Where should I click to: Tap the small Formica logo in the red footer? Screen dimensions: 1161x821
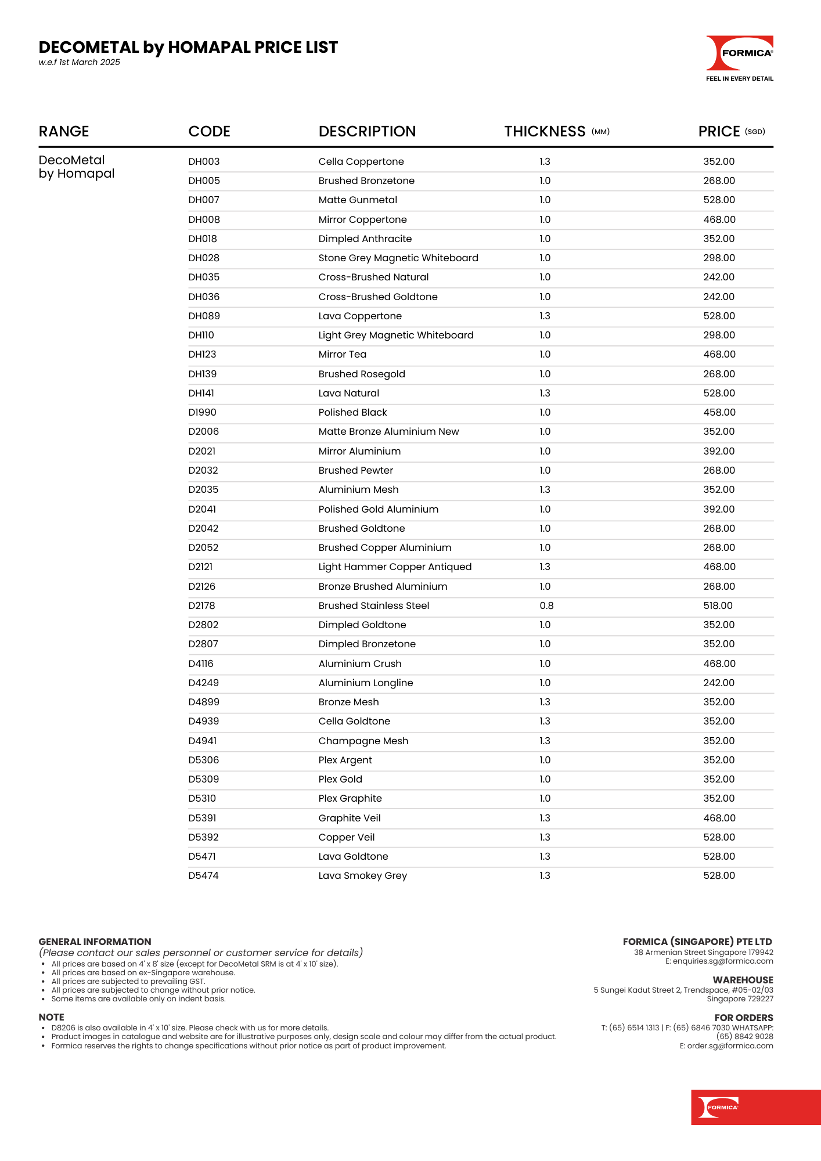pyautogui.click(x=718, y=1107)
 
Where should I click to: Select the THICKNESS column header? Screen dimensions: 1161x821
pyautogui.click(x=545, y=132)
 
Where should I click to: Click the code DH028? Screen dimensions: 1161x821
pyautogui.click(x=204, y=258)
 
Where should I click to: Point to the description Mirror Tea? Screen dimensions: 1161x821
pyautogui.click(x=342, y=355)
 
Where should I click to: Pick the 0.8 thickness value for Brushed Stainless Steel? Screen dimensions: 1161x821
pyautogui.click(x=546, y=606)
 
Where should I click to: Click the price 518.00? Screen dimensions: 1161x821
pyautogui.click(x=718, y=606)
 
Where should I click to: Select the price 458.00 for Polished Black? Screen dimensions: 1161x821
pyautogui.click(x=719, y=413)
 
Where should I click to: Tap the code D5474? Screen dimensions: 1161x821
pyautogui.click(x=203, y=876)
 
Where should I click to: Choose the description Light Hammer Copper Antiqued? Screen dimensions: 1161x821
pyautogui.click(x=395, y=567)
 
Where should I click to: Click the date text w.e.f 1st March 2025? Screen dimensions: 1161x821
pyautogui.click(x=80, y=63)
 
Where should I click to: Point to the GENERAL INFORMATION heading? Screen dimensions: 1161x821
pyautogui.click(x=95, y=942)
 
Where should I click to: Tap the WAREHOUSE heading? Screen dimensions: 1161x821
pyautogui.click(x=743, y=980)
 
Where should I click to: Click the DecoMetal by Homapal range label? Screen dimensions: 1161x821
pyautogui.click(x=76, y=167)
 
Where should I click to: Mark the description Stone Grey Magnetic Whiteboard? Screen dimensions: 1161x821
pyautogui.click(x=398, y=258)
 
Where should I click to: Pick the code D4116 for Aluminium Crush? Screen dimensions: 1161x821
pyautogui.click(x=201, y=664)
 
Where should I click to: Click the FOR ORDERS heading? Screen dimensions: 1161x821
pyautogui.click(x=743, y=1018)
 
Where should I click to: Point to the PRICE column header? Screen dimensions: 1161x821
pyautogui.click(x=719, y=132)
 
